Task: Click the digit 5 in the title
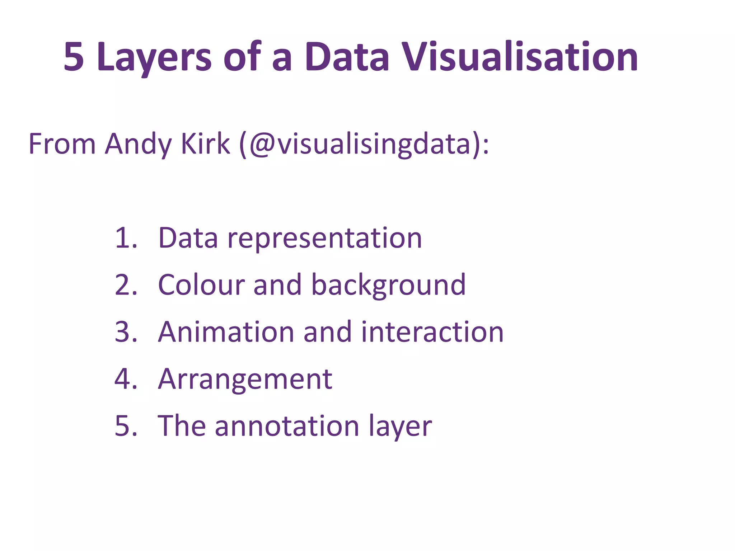[74, 57]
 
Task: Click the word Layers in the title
[154, 57]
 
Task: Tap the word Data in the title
[347, 57]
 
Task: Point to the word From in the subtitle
[62, 144]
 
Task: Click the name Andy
[138, 145]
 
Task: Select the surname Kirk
[205, 144]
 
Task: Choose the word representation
[324, 239]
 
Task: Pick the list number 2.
[126, 285]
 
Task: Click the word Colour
[201, 285]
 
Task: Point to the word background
[388, 286]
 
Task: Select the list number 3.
[126, 332]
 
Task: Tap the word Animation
[226, 332]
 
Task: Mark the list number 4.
[126, 379]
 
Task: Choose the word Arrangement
[245, 380]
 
